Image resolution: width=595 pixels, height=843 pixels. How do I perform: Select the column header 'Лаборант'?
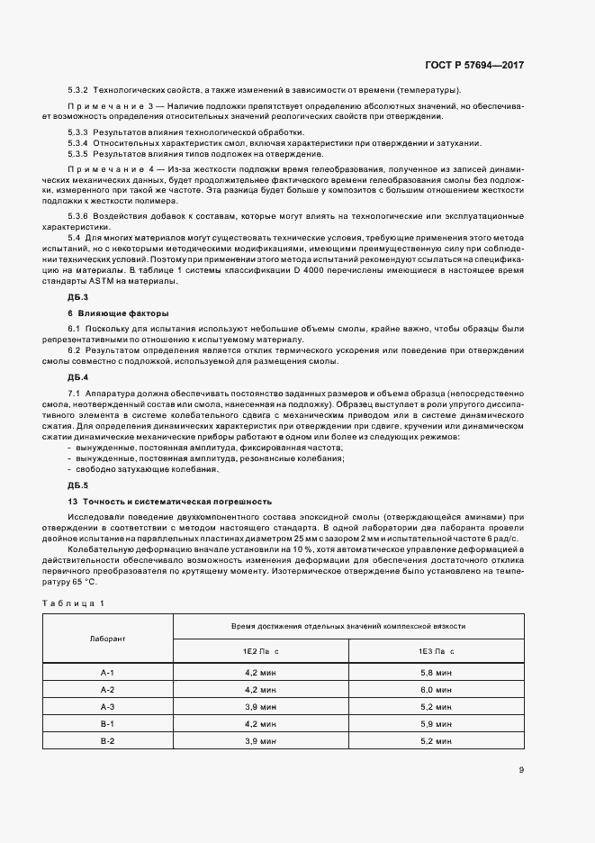(107, 638)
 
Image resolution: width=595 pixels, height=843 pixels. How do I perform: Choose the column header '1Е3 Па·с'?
(436, 649)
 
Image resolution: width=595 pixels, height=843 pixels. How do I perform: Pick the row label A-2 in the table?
(107, 689)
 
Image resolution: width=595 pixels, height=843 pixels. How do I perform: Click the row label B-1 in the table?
(107, 723)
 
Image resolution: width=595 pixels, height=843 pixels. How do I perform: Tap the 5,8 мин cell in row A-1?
(436, 672)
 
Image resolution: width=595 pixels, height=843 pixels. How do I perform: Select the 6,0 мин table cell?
(436, 689)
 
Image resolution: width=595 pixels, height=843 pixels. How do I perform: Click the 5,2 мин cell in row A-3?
(436, 706)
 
